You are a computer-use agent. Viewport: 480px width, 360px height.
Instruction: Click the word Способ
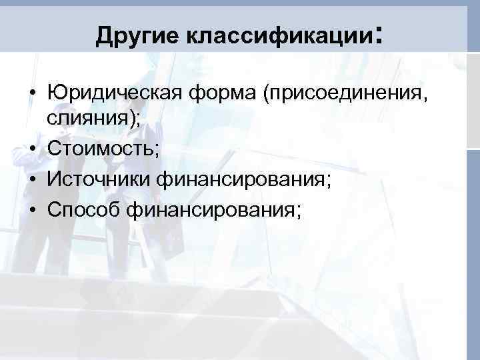pos(86,210)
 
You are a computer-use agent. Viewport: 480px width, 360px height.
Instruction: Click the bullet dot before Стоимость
pos(32,148)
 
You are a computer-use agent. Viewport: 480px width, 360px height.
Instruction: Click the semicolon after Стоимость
pos(157,149)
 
